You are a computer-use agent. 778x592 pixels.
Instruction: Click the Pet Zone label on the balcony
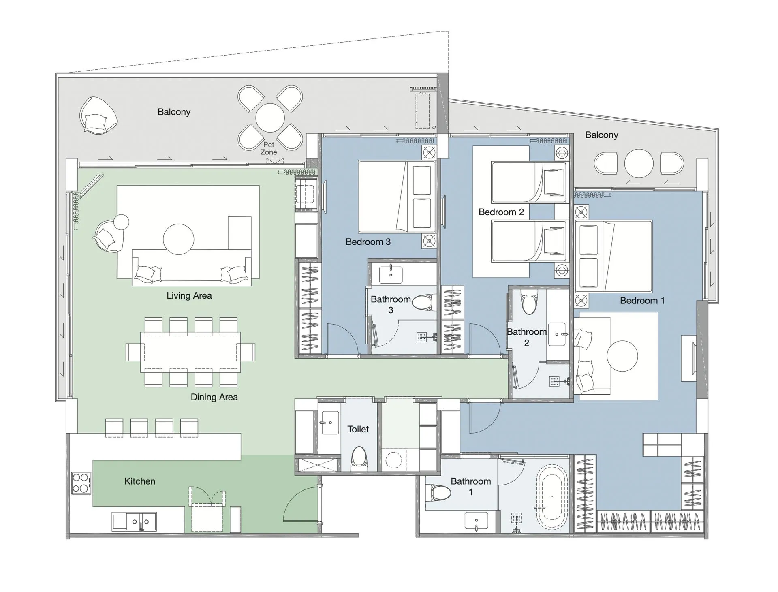[269, 148]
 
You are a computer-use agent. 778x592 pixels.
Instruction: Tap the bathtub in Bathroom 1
[551, 497]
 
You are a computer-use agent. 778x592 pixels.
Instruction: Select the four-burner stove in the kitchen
[81, 483]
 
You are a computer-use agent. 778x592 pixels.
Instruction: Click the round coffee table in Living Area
[178, 239]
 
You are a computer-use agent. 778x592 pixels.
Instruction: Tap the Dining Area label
[214, 397]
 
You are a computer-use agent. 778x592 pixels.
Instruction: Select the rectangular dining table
[190, 352]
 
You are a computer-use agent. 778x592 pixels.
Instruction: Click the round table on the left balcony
[270, 118]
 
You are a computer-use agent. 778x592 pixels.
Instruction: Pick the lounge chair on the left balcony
[98, 115]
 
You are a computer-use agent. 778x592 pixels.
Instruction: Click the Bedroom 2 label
[501, 212]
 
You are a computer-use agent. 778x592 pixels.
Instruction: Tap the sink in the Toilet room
[329, 423]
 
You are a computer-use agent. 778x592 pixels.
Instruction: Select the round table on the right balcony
[639, 163]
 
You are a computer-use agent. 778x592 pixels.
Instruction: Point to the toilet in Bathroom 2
[529, 303]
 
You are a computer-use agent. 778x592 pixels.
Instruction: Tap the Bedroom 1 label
[642, 301]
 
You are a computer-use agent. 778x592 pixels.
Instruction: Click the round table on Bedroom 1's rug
[622, 356]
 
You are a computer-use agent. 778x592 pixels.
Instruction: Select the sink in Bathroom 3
[391, 274]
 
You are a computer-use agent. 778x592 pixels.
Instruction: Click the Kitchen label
[139, 481]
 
